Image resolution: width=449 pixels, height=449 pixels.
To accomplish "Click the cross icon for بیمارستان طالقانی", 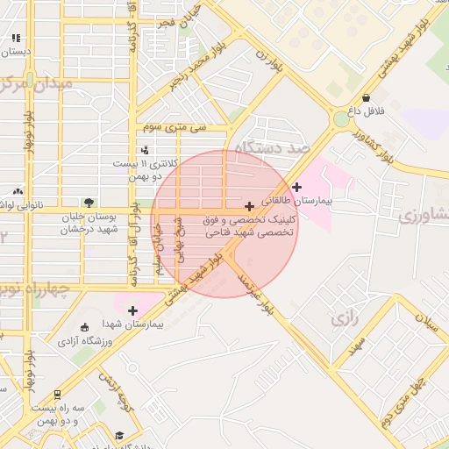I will pos(298,187).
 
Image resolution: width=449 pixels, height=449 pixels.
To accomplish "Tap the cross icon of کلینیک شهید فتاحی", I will pos(250,205).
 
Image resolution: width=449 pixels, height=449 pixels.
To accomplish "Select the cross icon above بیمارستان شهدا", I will pos(132,310).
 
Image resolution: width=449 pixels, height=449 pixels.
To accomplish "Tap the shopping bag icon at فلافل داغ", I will pos(365,98).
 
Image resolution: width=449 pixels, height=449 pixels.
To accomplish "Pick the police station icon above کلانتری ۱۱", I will pos(144,150).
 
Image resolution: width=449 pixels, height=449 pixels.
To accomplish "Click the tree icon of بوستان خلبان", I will pos(88,203).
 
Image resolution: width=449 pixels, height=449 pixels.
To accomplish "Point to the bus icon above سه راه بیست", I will pos(57,395).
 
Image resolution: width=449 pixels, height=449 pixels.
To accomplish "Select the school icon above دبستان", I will pos(17,39).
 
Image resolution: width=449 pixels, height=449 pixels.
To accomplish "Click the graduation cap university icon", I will pos(119,436).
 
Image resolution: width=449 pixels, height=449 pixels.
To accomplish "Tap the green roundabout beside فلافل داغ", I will pos(340,119).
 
